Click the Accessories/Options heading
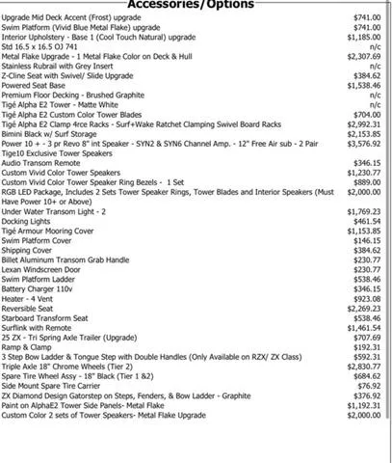click(190, 5)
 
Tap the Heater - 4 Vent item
click(29, 300)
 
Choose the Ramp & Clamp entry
click(26, 345)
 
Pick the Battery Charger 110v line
click(38, 289)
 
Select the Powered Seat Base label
click(35, 86)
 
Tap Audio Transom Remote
click(40, 164)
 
